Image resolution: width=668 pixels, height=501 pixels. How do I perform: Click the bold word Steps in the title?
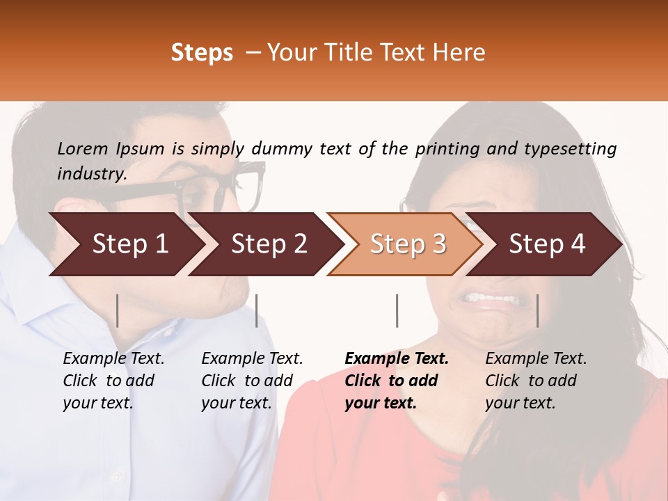tap(202, 53)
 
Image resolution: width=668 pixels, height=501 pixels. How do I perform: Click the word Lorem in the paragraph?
tap(83, 148)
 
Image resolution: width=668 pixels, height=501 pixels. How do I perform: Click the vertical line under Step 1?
tap(118, 310)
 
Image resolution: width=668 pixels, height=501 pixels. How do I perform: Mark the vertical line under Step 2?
tap(257, 310)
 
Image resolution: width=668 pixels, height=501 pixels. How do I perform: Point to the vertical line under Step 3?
tap(397, 310)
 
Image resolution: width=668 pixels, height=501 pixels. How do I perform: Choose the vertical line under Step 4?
tap(537, 310)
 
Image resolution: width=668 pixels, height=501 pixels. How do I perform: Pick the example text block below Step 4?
tap(536, 381)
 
